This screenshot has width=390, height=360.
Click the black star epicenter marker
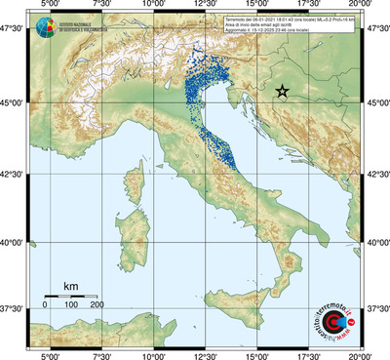[x=282, y=91]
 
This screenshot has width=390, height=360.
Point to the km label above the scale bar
[x=70, y=286]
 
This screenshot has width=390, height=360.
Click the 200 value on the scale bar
[x=96, y=304]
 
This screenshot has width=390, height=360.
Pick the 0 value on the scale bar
[x=45, y=304]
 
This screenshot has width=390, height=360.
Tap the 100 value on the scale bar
[x=70, y=304]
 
